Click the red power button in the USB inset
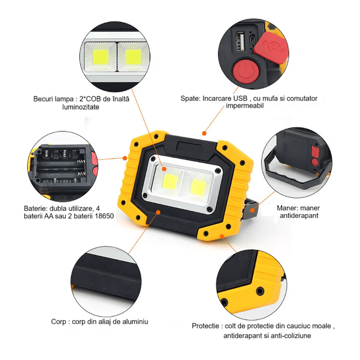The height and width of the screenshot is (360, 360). tap(246, 72)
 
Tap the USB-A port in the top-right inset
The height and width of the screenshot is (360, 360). tap(240, 41)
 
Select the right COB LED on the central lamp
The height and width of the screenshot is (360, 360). tap(198, 187)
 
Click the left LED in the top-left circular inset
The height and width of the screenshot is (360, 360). tap(101, 57)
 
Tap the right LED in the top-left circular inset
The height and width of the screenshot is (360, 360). tap(133, 57)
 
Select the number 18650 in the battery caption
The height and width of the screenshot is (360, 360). tap(104, 216)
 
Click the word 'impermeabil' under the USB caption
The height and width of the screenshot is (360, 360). tap(245, 106)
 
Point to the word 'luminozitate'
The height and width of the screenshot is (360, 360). tap(81, 107)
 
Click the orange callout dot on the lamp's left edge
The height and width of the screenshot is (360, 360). tap(125, 158)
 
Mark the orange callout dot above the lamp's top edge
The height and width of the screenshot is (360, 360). tap(204, 133)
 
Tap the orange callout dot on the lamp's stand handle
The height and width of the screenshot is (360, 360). tap(252, 210)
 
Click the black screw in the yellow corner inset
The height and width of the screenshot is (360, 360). tap(260, 291)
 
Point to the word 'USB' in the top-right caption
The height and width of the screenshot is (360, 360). tap(240, 98)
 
